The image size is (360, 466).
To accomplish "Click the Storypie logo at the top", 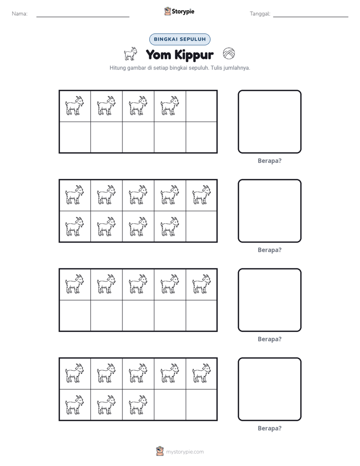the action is point(179,11).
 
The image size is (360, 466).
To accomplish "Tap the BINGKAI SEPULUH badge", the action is point(179,39).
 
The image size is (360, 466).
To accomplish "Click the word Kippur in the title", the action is point(194,55).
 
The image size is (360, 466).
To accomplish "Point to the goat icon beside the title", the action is point(131,54).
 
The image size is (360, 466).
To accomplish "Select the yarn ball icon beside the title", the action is point(229,54).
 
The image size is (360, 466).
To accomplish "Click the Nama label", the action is point(20,14).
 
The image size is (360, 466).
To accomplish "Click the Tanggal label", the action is point(260,14).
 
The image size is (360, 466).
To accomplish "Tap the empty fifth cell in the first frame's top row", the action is point(201,106).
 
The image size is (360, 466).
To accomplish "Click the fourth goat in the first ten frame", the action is point(169,105).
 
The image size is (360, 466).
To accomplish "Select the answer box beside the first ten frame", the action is point(269,122).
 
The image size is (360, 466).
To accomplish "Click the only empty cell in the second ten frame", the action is point(201,226).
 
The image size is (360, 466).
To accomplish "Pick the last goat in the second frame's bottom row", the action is point(169,226).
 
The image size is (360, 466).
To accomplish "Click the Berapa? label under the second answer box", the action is point(269,250).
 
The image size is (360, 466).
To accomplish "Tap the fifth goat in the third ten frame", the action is point(201,284).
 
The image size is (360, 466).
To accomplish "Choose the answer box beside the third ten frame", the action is point(269,300).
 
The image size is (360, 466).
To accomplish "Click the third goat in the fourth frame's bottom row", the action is point(138,405).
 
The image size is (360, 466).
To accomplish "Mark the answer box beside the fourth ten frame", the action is point(269,389).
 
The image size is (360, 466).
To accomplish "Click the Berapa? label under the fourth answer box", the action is point(269,428).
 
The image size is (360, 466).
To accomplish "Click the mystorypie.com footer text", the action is point(185,452).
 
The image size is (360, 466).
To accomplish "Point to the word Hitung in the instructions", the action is point(117,68).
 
